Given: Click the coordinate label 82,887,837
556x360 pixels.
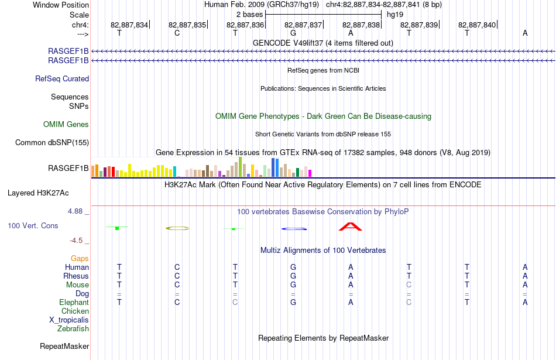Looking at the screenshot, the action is pos(303,25).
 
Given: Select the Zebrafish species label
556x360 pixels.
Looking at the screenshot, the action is pos(73,329).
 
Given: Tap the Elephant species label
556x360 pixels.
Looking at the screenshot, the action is pos(74,303).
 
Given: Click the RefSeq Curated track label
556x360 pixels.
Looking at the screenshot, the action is pos(62,79).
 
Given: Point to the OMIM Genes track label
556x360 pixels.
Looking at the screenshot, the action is pos(66,125).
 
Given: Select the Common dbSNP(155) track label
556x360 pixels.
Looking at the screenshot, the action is pos(52,143).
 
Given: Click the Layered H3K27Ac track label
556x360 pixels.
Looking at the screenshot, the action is pos(38,193).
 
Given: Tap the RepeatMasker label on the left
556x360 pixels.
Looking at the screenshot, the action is pos(64,346).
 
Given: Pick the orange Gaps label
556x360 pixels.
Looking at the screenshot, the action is pos(80,259).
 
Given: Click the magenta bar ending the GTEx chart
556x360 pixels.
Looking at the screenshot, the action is pos(310,173).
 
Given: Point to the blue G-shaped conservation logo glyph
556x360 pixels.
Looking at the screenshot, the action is pos(294,229).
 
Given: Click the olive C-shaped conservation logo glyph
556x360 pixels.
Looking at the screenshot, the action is pos(178,228).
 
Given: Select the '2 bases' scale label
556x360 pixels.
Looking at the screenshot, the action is pos(250,15).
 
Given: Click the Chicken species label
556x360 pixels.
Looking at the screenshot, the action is pos(75,311).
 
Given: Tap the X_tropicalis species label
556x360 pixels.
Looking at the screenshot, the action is pos(69,320).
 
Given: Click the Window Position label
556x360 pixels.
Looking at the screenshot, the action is pos(61,5).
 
